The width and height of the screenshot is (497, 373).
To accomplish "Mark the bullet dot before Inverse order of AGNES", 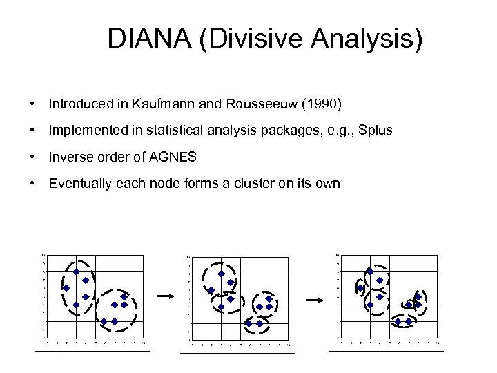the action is pyautogui.click(x=32, y=157).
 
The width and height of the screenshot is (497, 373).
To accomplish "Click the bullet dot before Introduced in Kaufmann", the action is pyautogui.click(x=32, y=104).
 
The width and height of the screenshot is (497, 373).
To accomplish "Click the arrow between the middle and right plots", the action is pyautogui.click(x=315, y=300).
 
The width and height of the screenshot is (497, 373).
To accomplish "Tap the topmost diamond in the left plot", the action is pyautogui.click(x=77, y=272).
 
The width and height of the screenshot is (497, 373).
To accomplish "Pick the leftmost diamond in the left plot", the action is pyautogui.click(x=67, y=288).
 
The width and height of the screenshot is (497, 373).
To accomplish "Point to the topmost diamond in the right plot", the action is pyautogui.click(x=370, y=272).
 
